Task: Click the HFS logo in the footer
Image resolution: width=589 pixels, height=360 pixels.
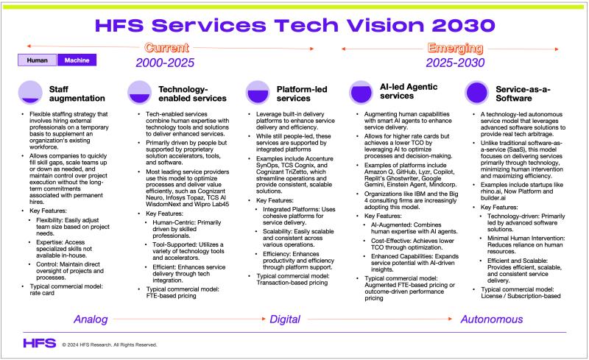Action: [x=39, y=342]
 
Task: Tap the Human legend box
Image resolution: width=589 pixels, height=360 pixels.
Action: [x=38, y=61]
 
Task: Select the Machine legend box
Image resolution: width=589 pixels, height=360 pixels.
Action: [x=76, y=61]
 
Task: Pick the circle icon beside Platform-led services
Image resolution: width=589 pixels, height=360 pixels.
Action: [x=255, y=92]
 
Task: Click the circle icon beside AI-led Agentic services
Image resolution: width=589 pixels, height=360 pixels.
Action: [x=361, y=92]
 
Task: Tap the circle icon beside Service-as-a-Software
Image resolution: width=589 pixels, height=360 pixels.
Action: [x=476, y=92]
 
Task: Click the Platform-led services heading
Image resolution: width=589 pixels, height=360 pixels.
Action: [x=299, y=92]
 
